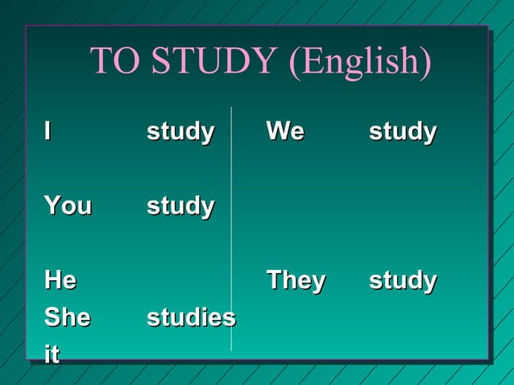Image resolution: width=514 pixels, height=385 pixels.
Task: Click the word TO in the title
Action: (x=113, y=63)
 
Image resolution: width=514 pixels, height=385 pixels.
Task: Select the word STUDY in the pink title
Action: (x=211, y=63)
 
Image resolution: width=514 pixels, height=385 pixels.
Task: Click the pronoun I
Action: (x=49, y=130)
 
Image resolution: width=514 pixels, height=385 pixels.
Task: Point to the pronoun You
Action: (x=68, y=205)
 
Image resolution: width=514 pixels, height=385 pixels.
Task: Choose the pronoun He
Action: (x=60, y=280)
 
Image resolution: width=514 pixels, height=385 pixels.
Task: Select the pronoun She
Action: (x=67, y=317)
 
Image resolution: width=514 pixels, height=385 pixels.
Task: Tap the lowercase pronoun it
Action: (x=52, y=354)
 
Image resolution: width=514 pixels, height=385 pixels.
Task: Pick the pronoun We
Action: (x=285, y=130)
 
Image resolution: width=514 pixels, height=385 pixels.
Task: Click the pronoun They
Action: (x=296, y=280)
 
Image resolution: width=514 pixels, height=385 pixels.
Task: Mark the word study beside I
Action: (x=180, y=132)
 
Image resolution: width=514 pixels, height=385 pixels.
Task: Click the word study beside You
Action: (x=180, y=207)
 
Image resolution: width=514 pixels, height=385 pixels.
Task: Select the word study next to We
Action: (x=403, y=132)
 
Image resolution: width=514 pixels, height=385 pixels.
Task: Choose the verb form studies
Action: (x=191, y=317)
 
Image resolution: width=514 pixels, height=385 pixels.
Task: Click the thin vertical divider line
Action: (x=231, y=242)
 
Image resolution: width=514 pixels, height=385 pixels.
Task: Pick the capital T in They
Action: (x=273, y=280)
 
